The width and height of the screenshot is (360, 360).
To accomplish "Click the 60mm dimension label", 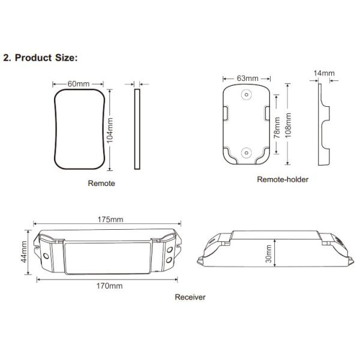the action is tap(79, 84).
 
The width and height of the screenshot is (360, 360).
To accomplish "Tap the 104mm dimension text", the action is tap(110, 130).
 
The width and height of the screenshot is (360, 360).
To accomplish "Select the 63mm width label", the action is tap(247, 78).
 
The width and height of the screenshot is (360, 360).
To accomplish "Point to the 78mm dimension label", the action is tap(277, 128).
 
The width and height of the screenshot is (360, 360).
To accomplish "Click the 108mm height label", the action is tap(288, 125).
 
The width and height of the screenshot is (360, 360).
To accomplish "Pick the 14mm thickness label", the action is tap(324, 73).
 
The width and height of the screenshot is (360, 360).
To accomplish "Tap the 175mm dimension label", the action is tap(110, 220).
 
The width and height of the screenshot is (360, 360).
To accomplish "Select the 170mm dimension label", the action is tap(109, 286).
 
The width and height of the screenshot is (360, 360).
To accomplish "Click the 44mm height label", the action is tap(23, 252).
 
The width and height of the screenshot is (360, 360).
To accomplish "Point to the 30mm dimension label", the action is tap(268, 254).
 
